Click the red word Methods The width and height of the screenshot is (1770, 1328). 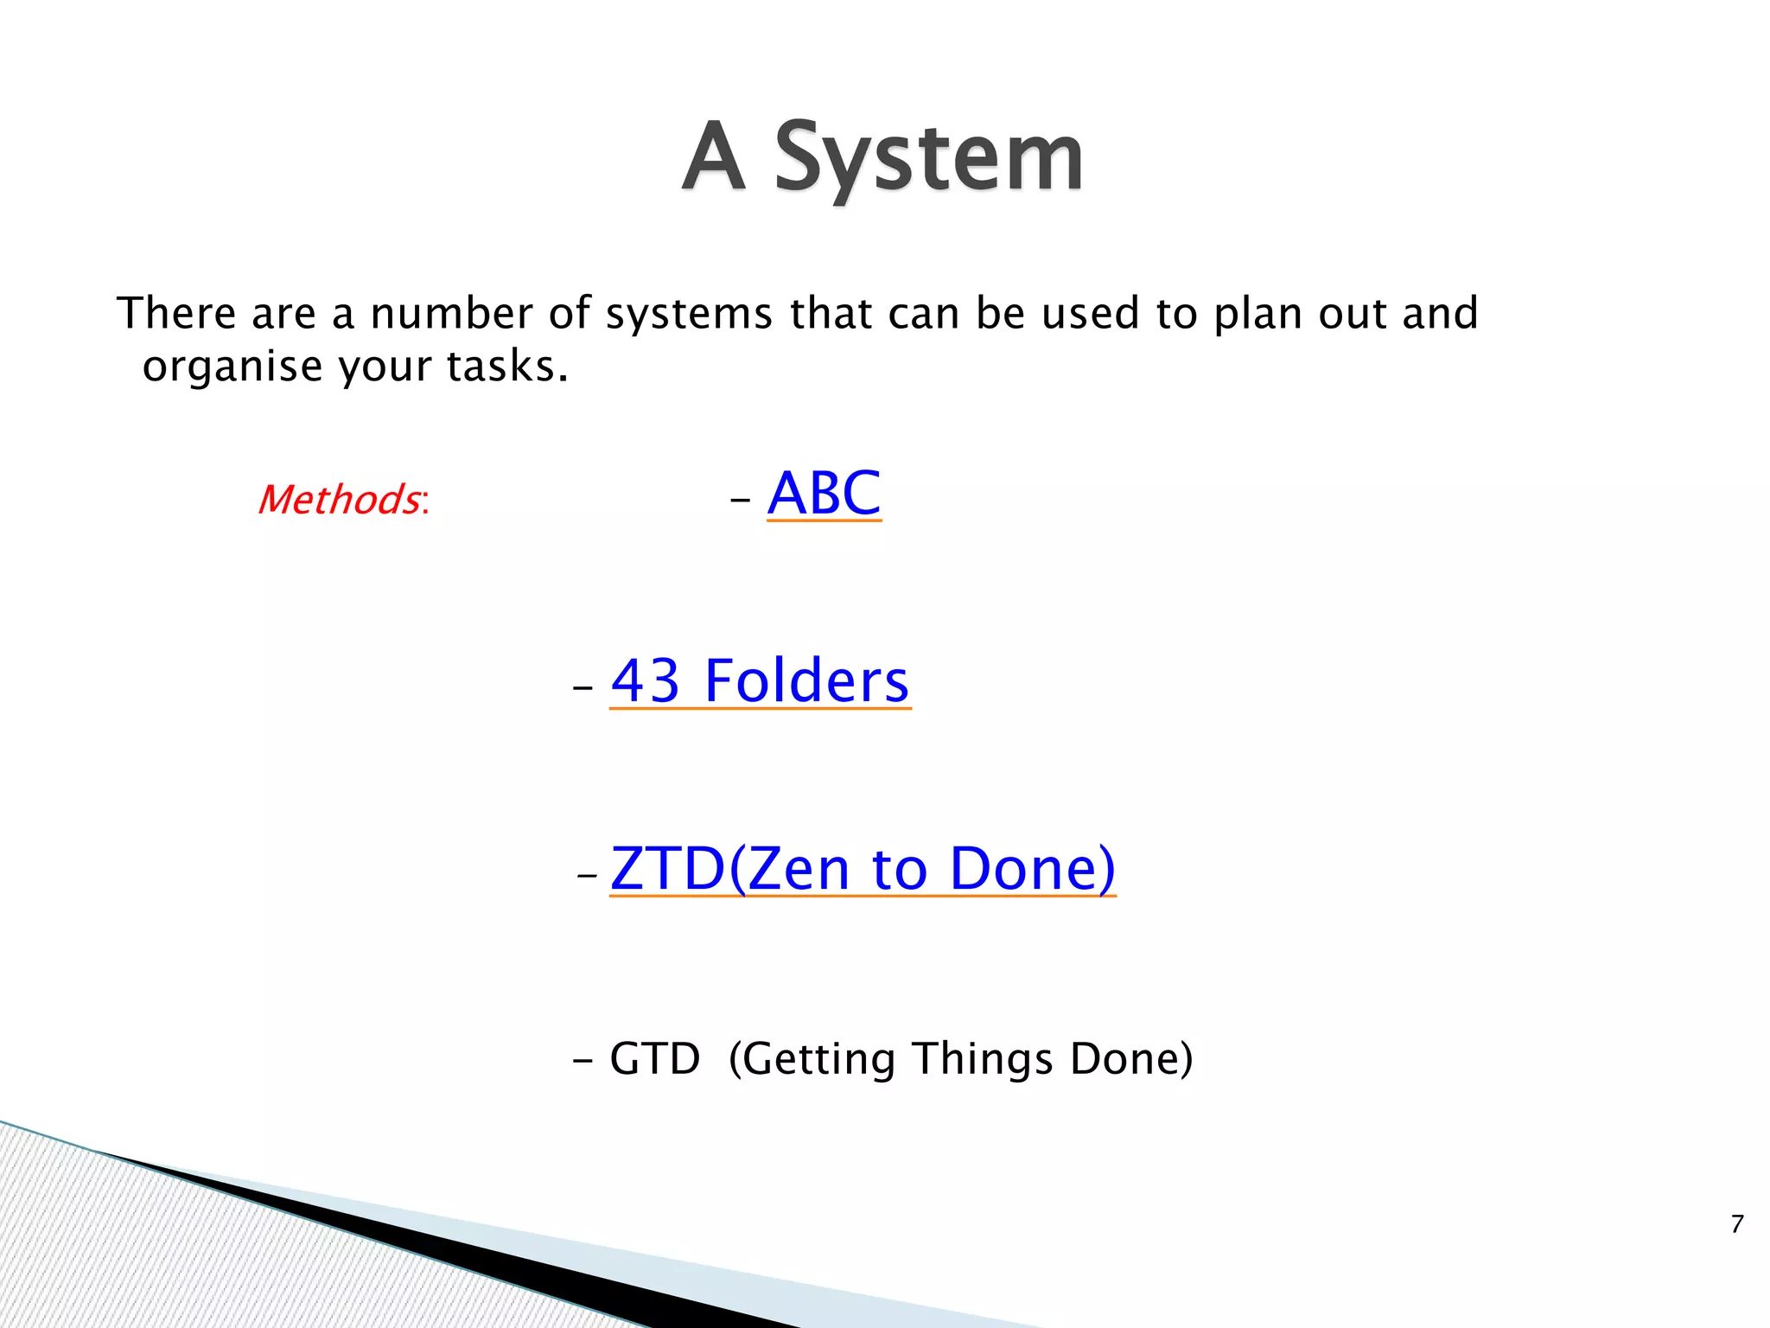pos(338,500)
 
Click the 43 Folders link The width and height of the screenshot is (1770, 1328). pos(760,681)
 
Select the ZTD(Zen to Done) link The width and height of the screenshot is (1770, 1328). pos(862,869)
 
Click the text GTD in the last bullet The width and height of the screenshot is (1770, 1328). pos(654,1059)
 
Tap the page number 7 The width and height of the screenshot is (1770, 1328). pos(1737,1224)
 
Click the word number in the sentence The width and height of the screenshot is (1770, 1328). pos(450,313)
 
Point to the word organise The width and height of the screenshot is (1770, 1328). pos(232,367)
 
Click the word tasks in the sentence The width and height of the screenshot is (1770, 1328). pos(506,367)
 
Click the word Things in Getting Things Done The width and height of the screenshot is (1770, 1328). pos(983,1059)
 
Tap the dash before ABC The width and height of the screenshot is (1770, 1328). pos(740,500)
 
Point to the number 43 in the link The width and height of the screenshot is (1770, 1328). pos(646,681)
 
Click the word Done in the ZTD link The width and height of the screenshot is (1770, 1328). pos(1031,869)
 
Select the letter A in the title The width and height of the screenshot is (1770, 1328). pos(714,158)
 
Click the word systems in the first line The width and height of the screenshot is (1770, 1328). pos(689,313)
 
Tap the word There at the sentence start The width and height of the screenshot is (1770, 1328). pos(177,313)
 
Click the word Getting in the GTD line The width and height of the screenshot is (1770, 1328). pos(818,1059)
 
